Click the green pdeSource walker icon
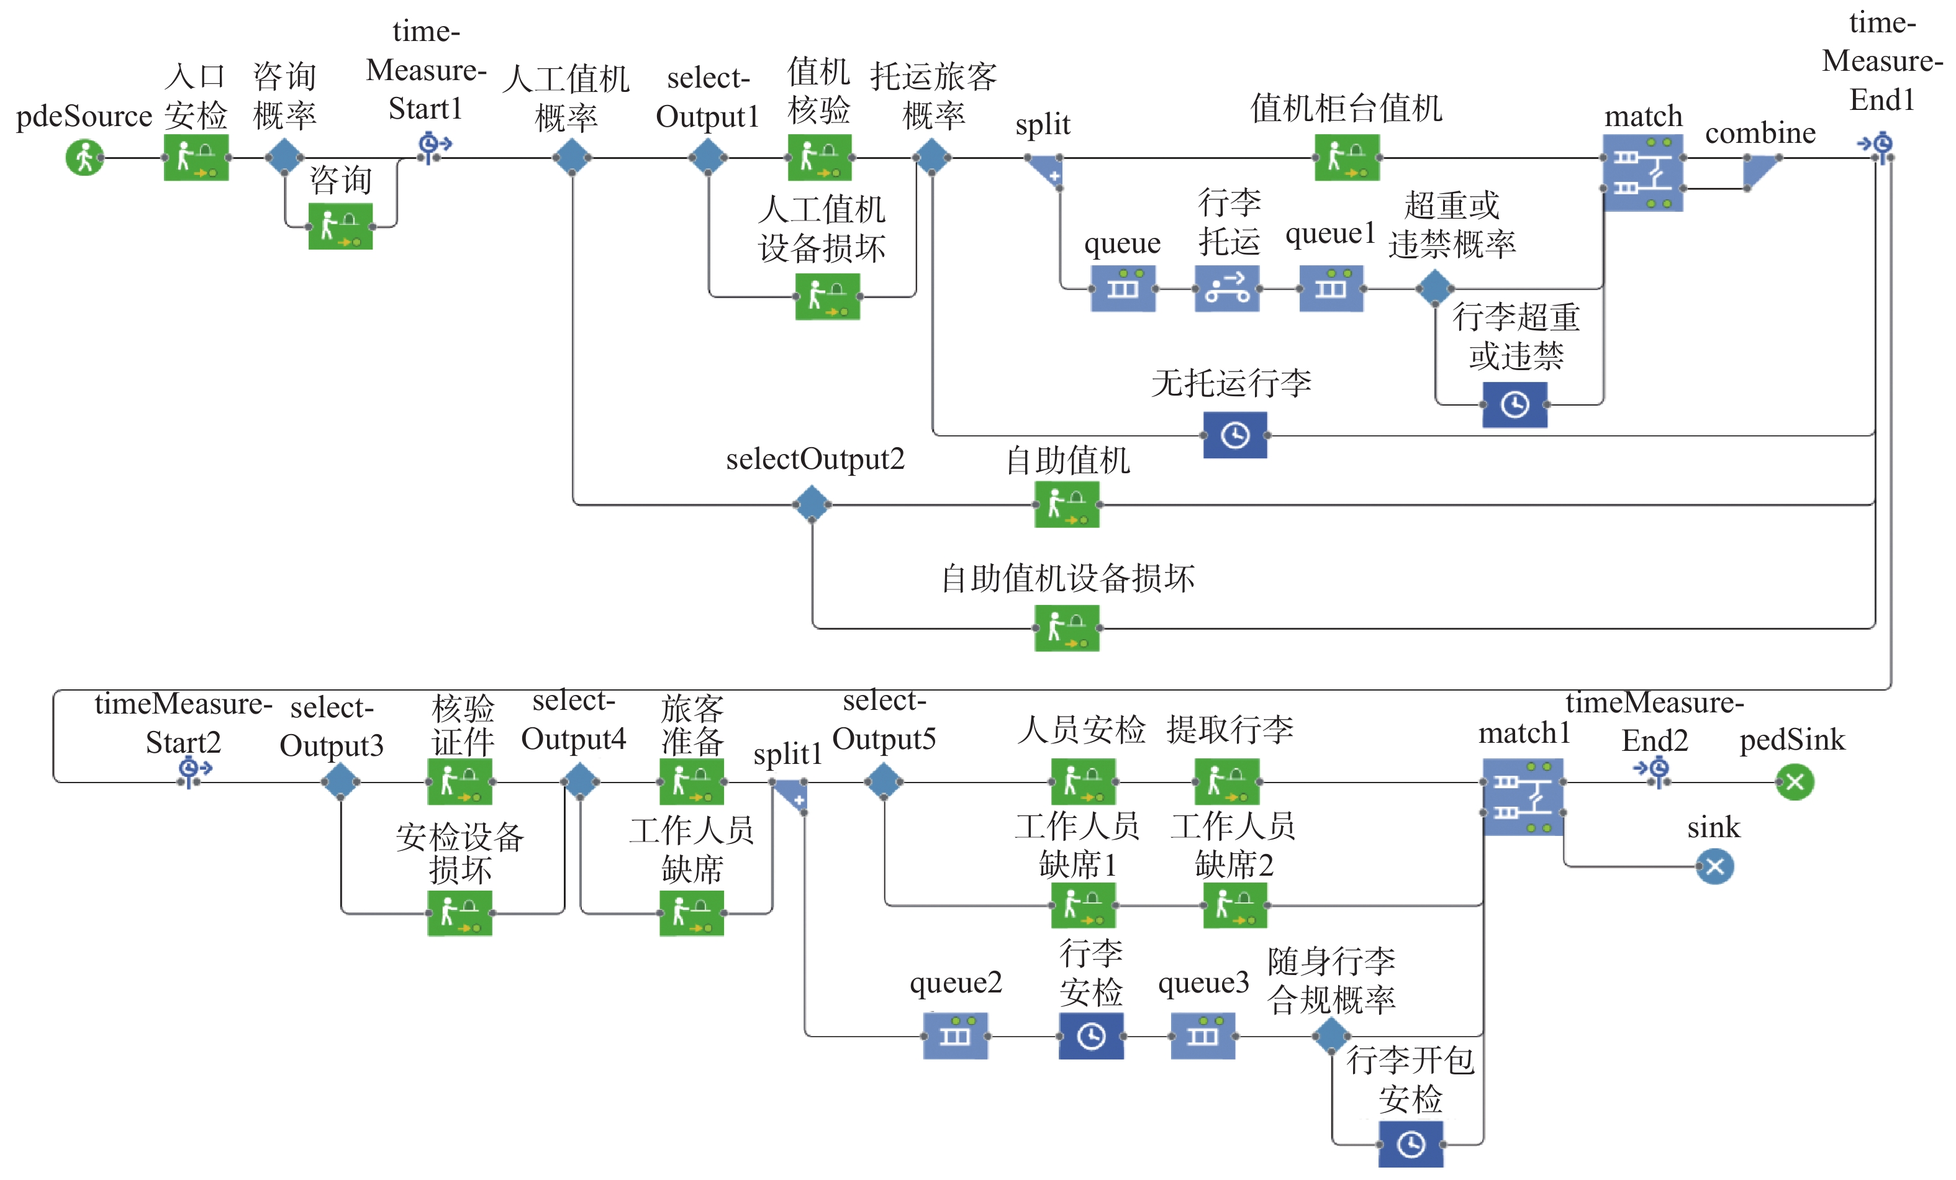tap(84, 157)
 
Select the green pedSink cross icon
tap(1794, 782)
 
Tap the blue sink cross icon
tap(1714, 866)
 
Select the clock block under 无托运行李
tap(1234, 435)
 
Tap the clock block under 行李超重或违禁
tap(1514, 405)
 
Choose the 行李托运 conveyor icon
tap(1226, 288)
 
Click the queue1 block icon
tap(1331, 288)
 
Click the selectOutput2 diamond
tap(812, 504)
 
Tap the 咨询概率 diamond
tap(284, 157)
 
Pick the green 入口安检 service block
tap(196, 157)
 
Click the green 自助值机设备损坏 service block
tap(1066, 628)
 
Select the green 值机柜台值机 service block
tap(1346, 157)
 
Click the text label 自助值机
tap(1067, 461)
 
